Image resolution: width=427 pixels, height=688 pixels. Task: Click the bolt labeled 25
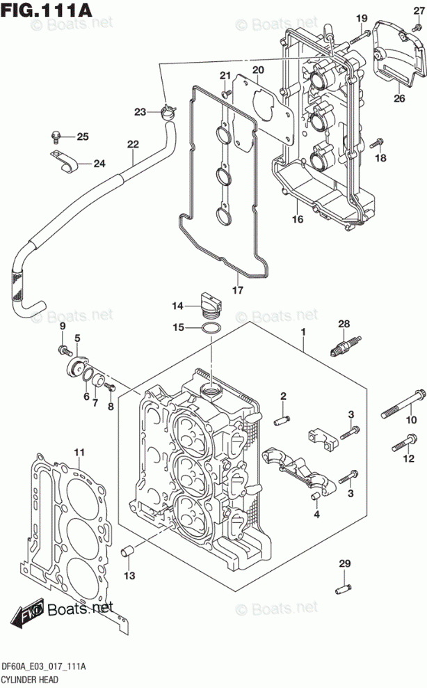pyautogui.click(x=58, y=136)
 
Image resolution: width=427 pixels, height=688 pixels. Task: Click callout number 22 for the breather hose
pyautogui.click(x=133, y=145)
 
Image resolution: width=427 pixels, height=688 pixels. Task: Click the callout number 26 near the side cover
pyautogui.click(x=398, y=98)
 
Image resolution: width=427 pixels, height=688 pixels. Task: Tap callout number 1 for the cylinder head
pyautogui.click(x=303, y=334)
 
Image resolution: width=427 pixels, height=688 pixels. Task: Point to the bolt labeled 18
pyautogui.click(x=376, y=144)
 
